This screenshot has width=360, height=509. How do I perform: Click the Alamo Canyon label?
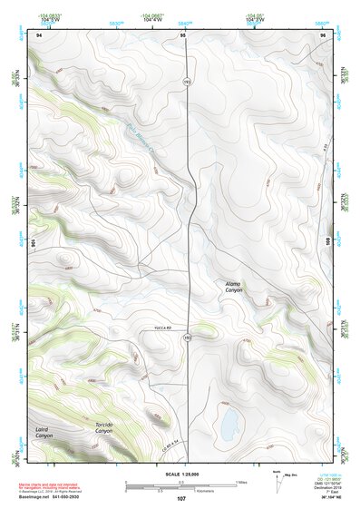(234, 287)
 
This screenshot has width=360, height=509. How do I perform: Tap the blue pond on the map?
(228, 420)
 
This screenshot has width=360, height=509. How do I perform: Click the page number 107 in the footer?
(181, 498)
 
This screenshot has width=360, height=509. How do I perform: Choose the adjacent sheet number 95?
(183, 35)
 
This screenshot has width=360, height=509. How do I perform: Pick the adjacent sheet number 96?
(323, 35)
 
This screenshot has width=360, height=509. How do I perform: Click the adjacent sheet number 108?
(327, 242)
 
